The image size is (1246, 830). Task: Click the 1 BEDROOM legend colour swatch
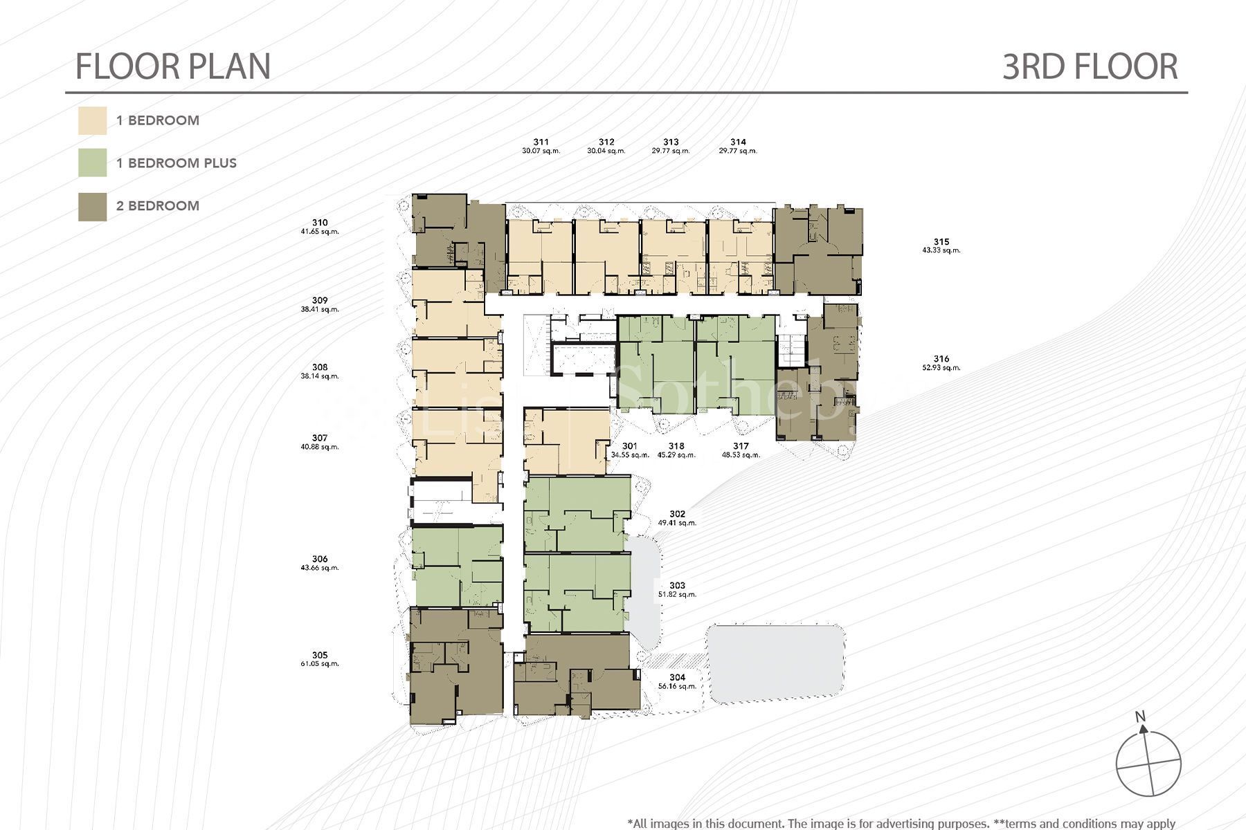pyautogui.click(x=92, y=120)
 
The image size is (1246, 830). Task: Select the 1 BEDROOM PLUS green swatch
pyautogui.click(x=92, y=163)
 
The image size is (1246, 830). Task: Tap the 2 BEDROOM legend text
pyautogui.click(x=158, y=206)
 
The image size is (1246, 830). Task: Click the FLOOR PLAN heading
pyautogui.click(x=173, y=66)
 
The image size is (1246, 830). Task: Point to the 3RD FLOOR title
pyautogui.click(x=1090, y=66)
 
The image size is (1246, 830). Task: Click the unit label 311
pyautogui.click(x=541, y=142)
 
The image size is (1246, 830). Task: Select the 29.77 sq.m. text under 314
pyautogui.click(x=738, y=151)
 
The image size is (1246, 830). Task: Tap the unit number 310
pyautogui.click(x=319, y=223)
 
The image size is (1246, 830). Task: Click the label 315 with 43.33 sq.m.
pyautogui.click(x=941, y=242)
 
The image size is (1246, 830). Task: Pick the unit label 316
pyautogui.click(x=941, y=359)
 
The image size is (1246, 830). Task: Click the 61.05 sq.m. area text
pyautogui.click(x=320, y=664)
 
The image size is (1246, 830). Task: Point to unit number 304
pyautogui.click(x=677, y=678)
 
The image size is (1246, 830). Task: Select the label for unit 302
pyautogui.click(x=677, y=514)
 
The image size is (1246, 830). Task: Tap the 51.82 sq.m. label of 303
pyautogui.click(x=677, y=595)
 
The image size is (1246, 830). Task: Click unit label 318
pyautogui.click(x=676, y=446)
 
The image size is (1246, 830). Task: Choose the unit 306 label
pyautogui.click(x=319, y=559)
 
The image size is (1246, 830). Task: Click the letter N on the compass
pyautogui.click(x=1141, y=717)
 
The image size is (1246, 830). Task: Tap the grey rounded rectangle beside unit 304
pyautogui.click(x=775, y=662)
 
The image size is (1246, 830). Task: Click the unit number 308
pyautogui.click(x=319, y=367)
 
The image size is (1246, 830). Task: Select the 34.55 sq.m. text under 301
pyautogui.click(x=630, y=455)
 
